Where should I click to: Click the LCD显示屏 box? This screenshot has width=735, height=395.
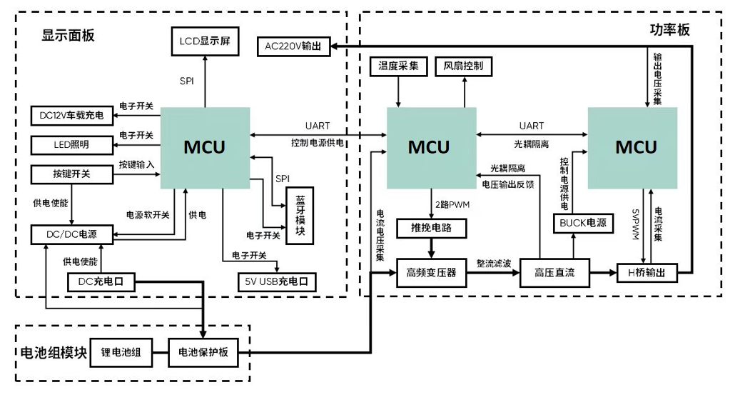click(204, 42)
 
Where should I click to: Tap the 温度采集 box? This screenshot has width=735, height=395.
click(398, 66)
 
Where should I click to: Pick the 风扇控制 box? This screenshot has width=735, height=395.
click(463, 66)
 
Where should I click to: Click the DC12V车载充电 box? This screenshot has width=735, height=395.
click(72, 116)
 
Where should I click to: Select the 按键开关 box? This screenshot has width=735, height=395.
click(72, 174)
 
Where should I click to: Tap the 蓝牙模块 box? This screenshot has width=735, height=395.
click(299, 215)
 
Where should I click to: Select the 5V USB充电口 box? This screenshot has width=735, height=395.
click(277, 281)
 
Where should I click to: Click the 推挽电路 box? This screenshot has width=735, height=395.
click(431, 229)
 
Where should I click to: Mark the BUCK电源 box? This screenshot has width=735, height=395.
click(583, 223)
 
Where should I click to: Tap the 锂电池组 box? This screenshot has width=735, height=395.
click(121, 352)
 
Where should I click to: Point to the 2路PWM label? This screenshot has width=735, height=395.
click(451, 205)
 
